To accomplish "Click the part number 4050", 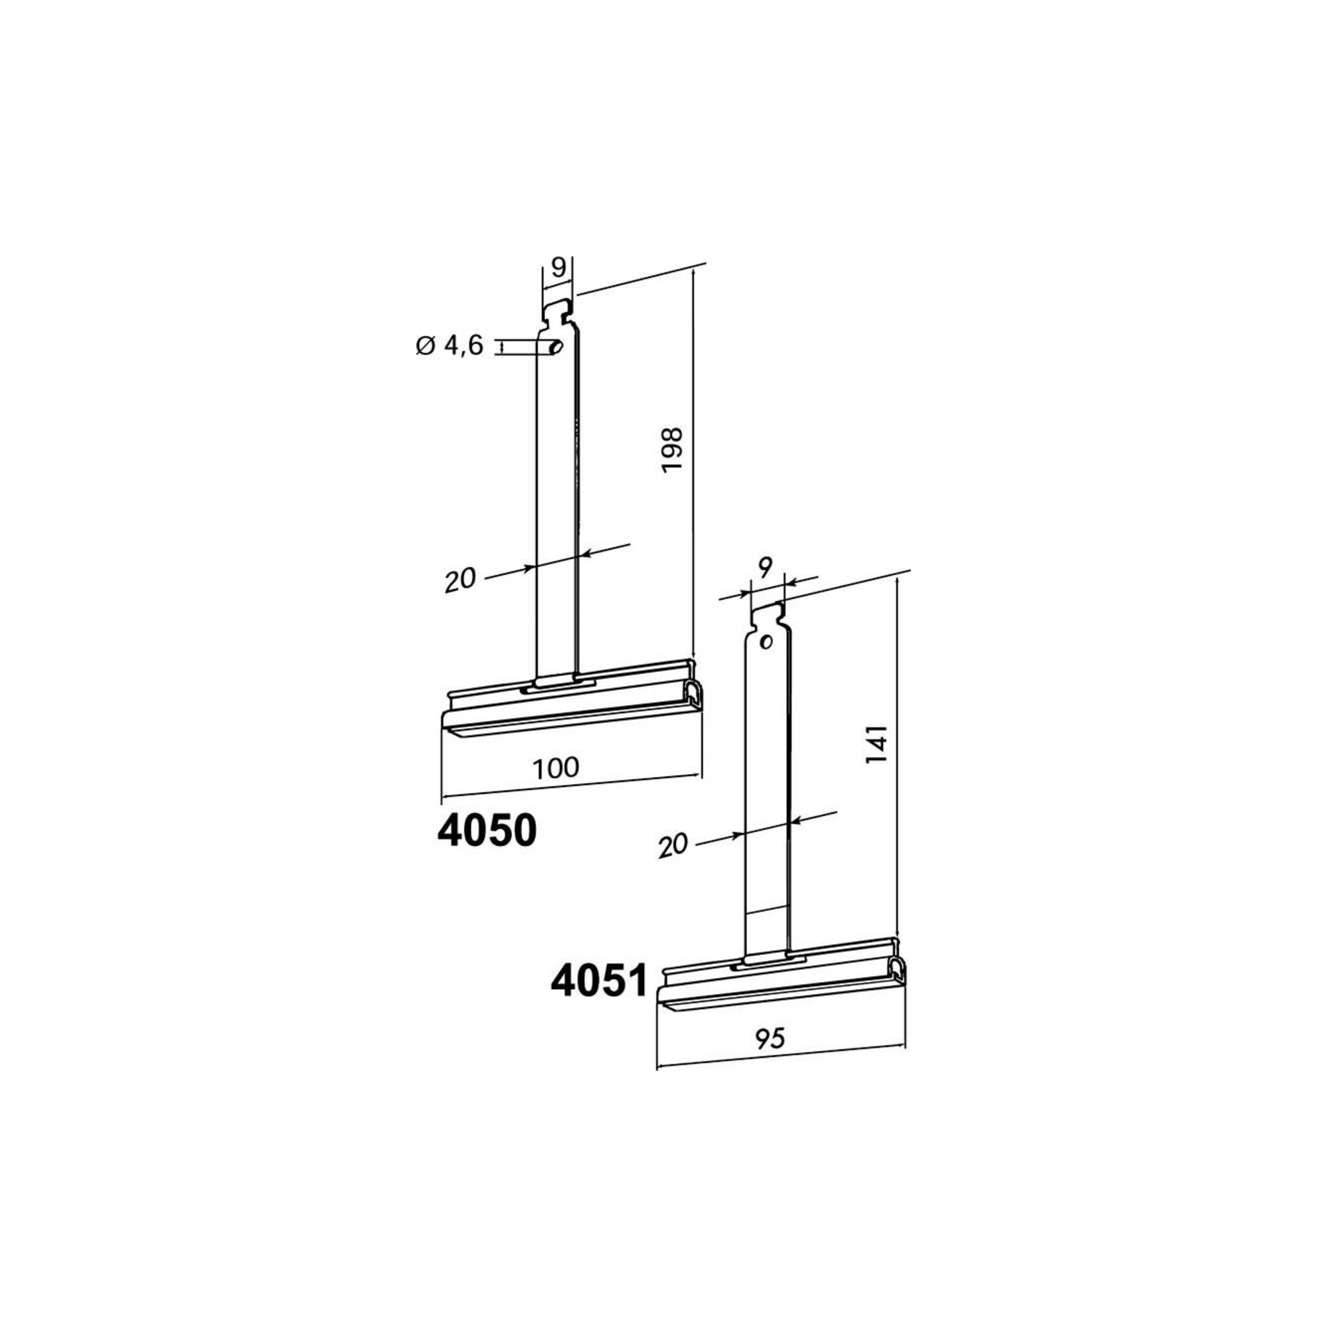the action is click(487, 833).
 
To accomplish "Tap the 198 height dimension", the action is click(671, 450).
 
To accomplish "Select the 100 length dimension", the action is click(555, 767).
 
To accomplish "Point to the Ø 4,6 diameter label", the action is click(450, 347).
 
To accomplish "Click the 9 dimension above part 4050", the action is click(558, 268).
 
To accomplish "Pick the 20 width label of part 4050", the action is click(460, 580).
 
